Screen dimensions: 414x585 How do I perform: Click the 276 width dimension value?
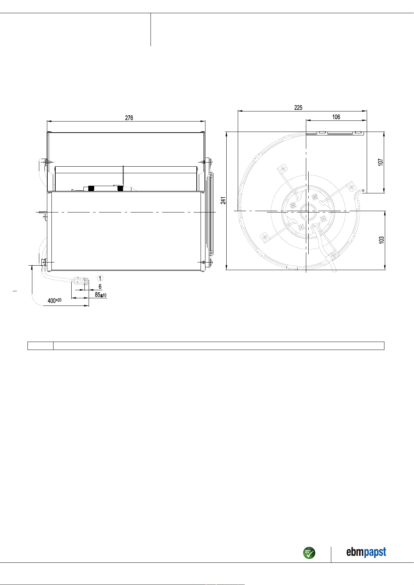[129, 118]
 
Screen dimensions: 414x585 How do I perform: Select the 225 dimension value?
[298, 108]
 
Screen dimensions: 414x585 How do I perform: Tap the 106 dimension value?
[336, 117]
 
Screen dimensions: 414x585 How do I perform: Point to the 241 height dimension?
[223, 201]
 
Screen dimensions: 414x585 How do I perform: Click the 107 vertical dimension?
[381, 162]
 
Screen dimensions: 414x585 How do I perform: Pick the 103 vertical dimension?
[382, 240]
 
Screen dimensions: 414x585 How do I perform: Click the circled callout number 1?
[100, 278]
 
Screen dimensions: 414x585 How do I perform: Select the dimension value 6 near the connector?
[100, 287]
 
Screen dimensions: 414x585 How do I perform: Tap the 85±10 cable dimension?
[101, 295]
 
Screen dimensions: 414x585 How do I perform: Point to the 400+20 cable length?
[54, 300]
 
